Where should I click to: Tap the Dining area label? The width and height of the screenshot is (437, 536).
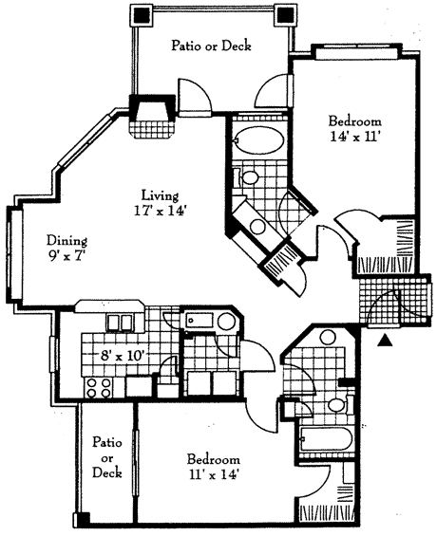coord(67,240)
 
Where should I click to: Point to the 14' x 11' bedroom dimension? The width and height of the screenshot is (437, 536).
coord(355,137)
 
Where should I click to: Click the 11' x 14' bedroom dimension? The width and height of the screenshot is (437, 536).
coord(213,474)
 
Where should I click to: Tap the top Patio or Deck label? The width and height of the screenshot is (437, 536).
coord(211,46)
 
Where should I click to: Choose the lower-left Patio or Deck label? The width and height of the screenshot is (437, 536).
coord(106,457)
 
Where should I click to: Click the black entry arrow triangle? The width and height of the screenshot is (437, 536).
coord(385,341)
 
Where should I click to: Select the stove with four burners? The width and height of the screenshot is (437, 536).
coord(99,387)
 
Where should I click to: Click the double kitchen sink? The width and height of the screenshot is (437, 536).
coord(120,323)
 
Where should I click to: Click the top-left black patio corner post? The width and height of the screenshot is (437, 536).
coord(141,15)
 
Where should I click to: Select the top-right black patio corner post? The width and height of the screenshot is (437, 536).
coord(284,15)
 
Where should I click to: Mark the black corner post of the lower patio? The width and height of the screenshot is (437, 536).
coord(81,519)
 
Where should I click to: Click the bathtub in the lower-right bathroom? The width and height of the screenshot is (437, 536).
coord(326,439)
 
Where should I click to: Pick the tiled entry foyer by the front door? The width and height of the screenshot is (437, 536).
coord(393,300)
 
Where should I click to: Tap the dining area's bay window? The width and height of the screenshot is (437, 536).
coord(12,253)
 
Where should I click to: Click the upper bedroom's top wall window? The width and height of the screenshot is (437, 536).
coord(357,51)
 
